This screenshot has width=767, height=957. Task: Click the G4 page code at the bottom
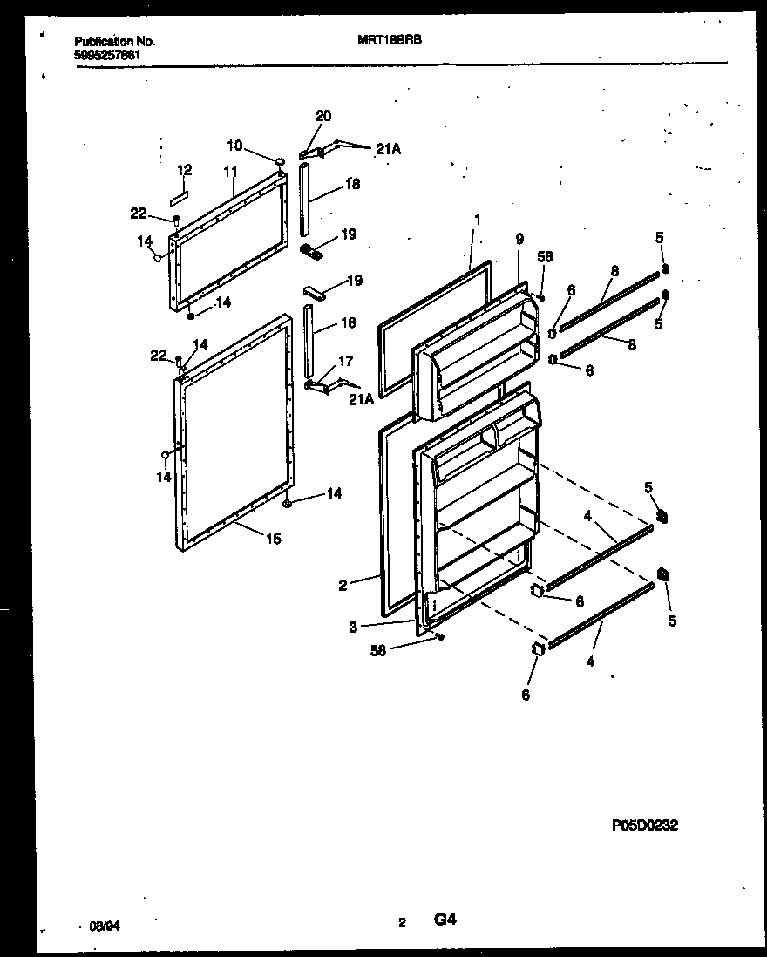coord(445,919)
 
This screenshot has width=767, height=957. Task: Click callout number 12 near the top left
coord(185,170)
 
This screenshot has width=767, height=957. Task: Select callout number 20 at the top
coord(323,116)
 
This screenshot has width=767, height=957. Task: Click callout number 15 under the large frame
coord(273,540)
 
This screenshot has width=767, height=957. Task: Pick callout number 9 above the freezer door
coord(519,239)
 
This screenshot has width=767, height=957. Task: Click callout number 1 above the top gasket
coord(477,219)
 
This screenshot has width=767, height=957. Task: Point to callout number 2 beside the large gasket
coord(343,586)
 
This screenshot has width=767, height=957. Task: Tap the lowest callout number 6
coord(525,695)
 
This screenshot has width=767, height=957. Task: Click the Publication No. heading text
coord(114,41)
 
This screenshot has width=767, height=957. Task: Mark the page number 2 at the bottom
coord(402,922)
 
